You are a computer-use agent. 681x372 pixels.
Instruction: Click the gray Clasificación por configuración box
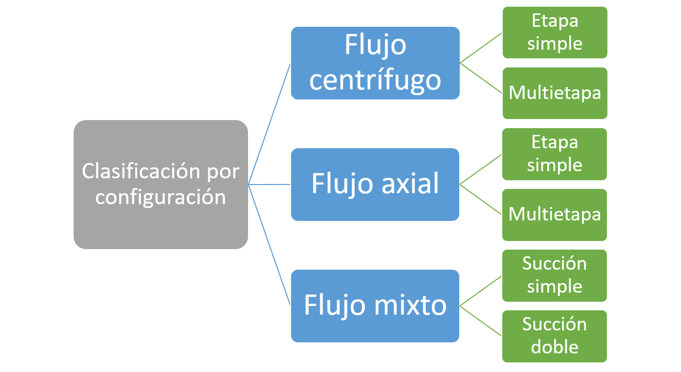[161, 184]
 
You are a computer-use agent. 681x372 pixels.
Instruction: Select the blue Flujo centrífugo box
[375, 63]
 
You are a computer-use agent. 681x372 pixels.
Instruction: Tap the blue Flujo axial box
[375, 184]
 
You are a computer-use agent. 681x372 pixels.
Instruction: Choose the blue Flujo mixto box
[375, 306]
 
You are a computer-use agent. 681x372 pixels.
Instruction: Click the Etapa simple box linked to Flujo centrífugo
[554, 32]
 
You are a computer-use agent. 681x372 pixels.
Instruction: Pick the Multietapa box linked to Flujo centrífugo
[554, 93]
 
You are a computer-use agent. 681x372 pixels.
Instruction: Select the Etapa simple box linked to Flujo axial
[554, 153]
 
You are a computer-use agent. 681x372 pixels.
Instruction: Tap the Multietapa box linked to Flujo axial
[554, 214]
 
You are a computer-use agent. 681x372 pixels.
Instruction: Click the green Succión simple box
[554, 275]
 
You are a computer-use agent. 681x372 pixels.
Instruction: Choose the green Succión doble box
[554, 336]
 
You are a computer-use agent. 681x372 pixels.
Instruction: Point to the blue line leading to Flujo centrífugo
[270, 123]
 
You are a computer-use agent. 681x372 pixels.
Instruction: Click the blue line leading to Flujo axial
[270, 184]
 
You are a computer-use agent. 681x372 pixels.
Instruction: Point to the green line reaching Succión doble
[481, 321]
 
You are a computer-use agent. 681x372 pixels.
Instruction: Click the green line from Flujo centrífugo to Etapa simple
[481, 47]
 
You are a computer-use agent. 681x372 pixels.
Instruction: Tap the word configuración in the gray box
[161, 197]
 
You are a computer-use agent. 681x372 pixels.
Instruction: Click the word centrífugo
[375, 80]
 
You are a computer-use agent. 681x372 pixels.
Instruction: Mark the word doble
[554, 347]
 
